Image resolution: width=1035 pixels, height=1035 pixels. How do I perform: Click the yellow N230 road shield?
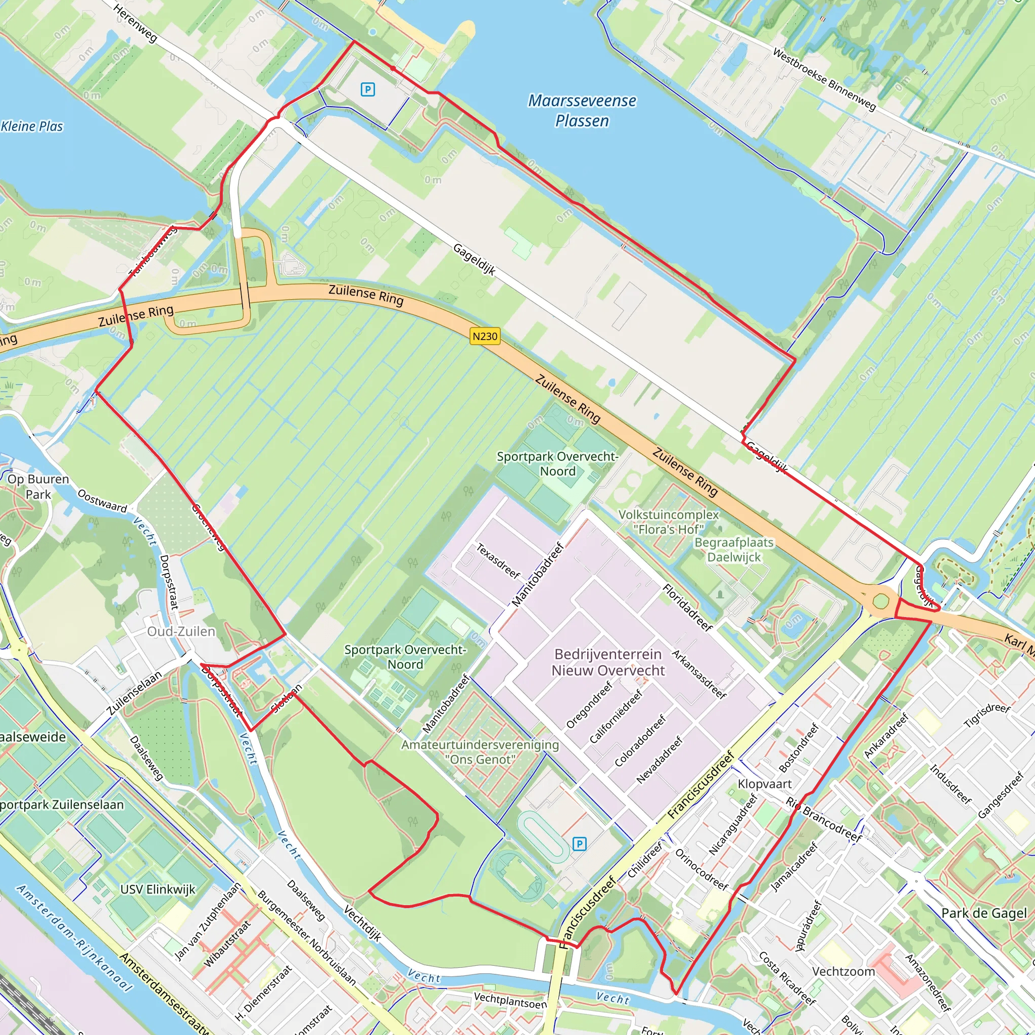[485, 337]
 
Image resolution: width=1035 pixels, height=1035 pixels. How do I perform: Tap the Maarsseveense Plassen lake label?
[582, 110]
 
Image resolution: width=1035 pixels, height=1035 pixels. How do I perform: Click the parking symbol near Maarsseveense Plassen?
[367, 89]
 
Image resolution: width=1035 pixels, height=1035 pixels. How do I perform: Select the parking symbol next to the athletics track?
[579, 844]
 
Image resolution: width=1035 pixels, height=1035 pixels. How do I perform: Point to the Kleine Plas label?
[32, 126]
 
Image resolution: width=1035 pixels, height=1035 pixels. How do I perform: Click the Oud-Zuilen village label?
[181, 632]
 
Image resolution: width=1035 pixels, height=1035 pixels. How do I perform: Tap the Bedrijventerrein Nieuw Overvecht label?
[608, 662]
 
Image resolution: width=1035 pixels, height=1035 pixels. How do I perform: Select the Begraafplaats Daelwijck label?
[734, 550]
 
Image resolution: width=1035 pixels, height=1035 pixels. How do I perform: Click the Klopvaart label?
[765, 784]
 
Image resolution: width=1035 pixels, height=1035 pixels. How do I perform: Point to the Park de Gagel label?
[983, 913]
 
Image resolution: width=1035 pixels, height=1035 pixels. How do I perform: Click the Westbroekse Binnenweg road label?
[824, 80]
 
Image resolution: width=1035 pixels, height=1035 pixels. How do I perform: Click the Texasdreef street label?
[498, 561]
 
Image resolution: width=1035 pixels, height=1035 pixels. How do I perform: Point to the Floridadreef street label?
[688, 607]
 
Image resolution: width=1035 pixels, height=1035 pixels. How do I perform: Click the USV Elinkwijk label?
[158, 889]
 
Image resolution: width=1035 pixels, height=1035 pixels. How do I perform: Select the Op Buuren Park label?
[38, 487]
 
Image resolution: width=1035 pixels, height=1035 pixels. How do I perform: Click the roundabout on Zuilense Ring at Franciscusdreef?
[881, 601]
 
